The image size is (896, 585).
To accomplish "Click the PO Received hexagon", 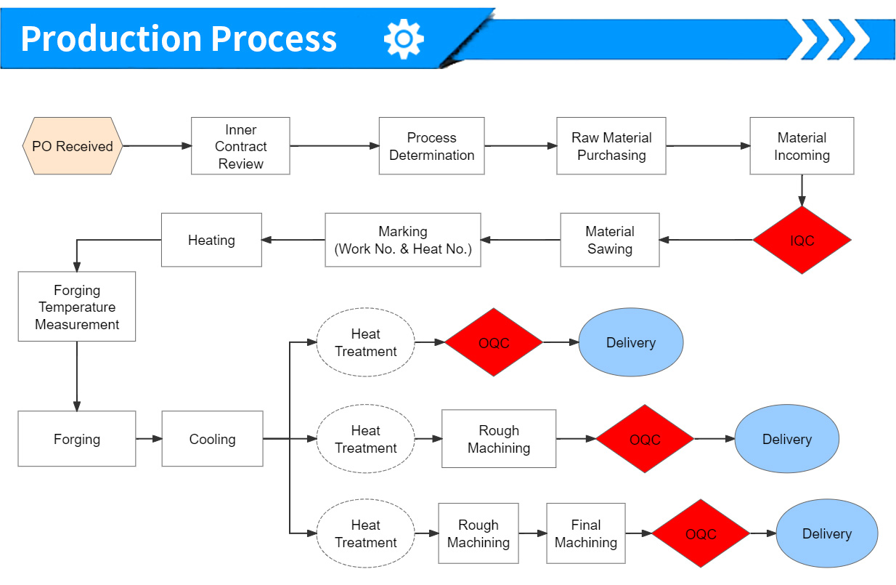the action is tap(73, 146).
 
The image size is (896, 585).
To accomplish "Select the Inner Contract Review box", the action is tap(240, 146).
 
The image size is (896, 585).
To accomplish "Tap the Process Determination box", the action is tap(431, 146).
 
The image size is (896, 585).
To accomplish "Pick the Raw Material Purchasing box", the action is tap(611, 146).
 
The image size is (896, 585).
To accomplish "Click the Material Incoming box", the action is tap(802, 146).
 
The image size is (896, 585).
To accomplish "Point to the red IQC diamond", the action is tap(802, 240).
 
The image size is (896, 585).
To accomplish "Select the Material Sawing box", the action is tap(610, 240).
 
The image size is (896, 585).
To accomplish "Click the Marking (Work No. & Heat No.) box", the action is tap(403, 240).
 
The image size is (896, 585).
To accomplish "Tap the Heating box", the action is tap(211, 240).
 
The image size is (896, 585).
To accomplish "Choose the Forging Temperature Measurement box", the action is tap(77, 307).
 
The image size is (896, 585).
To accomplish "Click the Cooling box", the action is tap(213, 439).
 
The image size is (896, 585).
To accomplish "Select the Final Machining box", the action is tap(586, 533).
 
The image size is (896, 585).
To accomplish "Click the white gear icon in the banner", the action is tap(404, 39).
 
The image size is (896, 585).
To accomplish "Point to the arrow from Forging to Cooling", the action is tap(149, 439).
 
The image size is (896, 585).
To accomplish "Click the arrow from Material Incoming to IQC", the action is tap(802, 190).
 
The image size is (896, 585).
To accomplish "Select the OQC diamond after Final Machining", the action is tap(701, 533).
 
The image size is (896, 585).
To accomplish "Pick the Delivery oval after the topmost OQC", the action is tap(631, 342).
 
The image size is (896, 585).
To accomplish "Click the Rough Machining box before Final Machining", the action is tap(478, 533).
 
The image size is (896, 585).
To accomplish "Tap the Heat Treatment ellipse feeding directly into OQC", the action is tap(366, 342).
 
